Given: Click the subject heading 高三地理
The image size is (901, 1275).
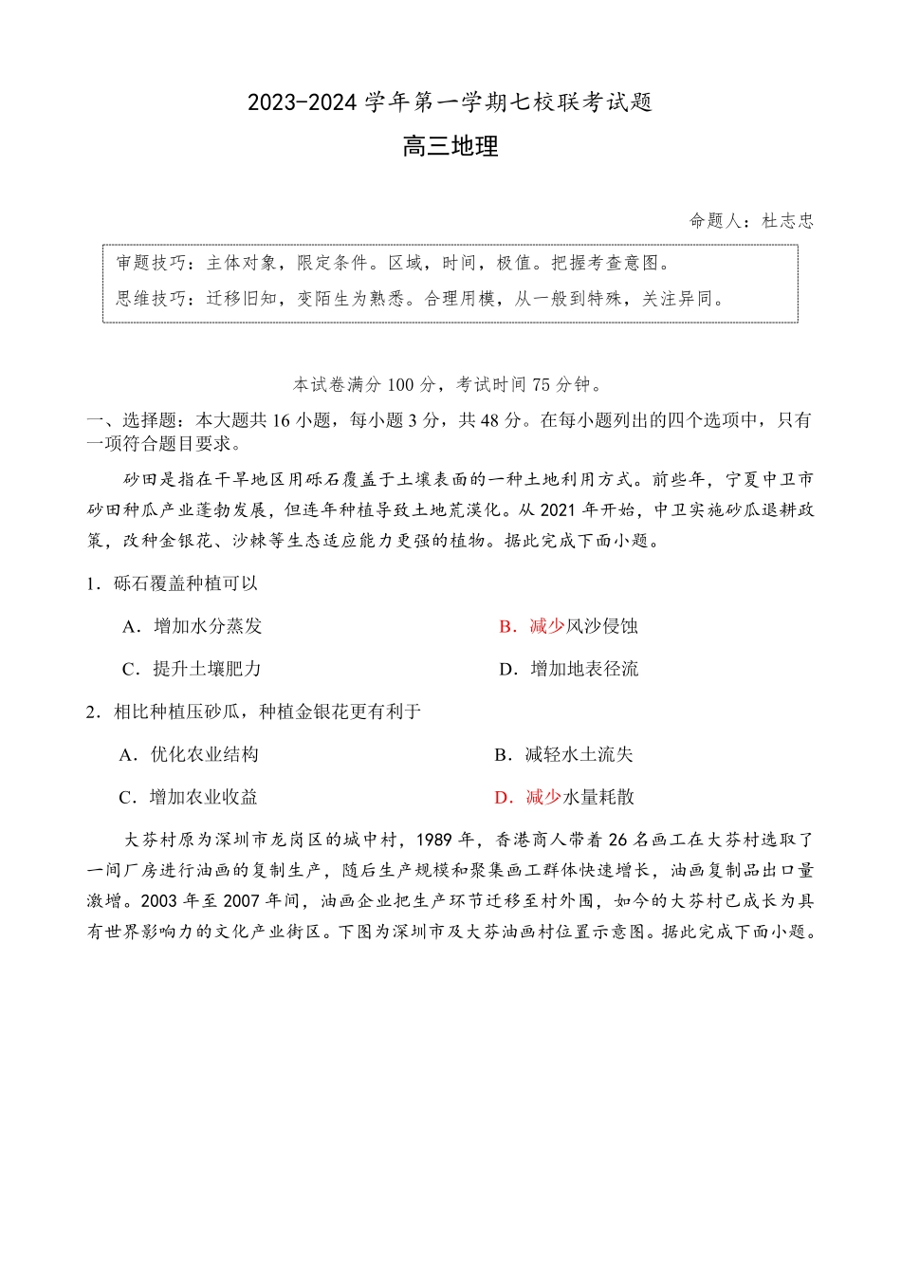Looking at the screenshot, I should click(450, 147).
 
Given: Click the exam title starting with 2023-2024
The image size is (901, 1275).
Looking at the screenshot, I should click(450, 102).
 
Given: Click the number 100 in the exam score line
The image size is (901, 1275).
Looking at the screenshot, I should click(400, 384).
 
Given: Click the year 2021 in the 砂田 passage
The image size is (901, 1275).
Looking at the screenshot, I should click(559, 509).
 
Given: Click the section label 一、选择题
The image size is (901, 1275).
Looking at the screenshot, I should click(131, 420).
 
